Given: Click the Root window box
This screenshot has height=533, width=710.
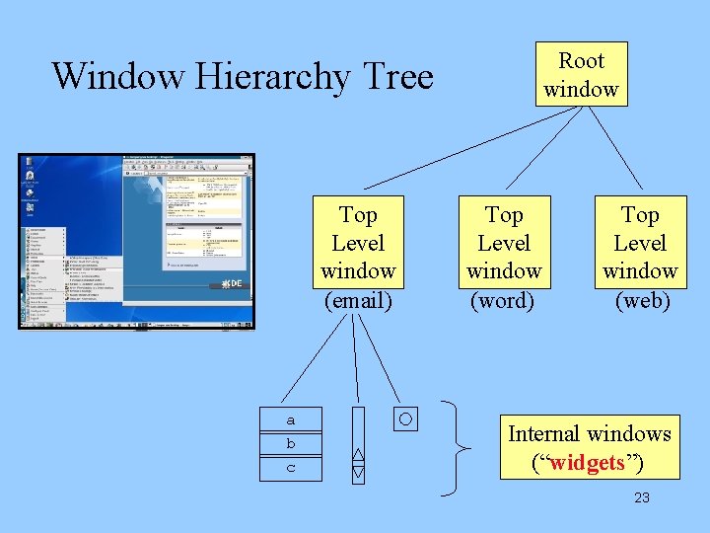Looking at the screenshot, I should point(581,75).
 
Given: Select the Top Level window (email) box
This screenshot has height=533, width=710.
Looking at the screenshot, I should point(358,257).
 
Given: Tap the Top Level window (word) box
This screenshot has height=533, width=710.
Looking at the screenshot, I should point(504,257).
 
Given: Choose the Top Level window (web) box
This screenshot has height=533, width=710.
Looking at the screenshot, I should point(640,257).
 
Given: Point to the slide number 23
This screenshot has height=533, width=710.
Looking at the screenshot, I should point(642,497).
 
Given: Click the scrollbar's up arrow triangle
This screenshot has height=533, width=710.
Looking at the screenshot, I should point(358,455).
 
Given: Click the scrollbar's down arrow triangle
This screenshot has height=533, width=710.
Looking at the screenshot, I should point(358,472).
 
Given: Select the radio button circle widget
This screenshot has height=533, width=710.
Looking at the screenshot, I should point(405,419).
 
